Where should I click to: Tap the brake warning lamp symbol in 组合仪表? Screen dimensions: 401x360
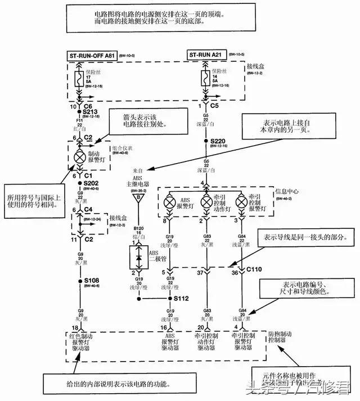(x=80, y=157)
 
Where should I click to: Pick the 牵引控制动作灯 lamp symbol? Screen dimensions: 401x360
(x=205, y=202)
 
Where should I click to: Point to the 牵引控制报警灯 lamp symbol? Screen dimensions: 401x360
(x=241, y=202)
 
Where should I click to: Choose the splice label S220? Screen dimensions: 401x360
(x=218, y=141)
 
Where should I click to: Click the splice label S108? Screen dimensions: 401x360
(x=92, y=280)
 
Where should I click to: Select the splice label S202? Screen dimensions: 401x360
(x=92, y=183)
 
